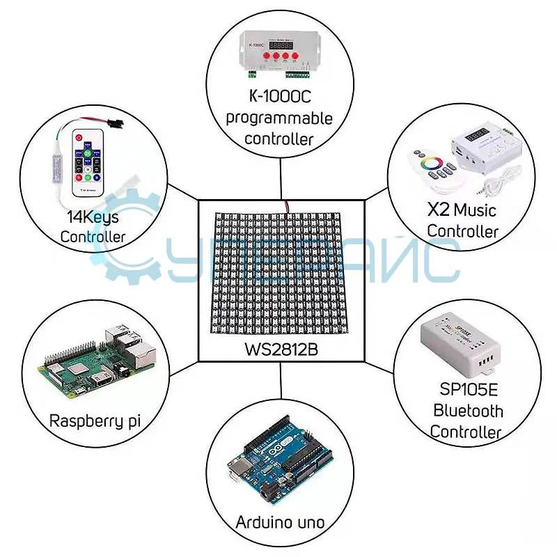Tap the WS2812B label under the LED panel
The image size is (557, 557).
pyautogui.click(x=281, y=349)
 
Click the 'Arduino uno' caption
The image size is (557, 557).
pyautogui.click(x=280, y=522)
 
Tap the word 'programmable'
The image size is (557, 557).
pyautogui.click(x=279, y=118)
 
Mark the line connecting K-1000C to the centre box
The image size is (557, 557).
pyautogui.click(x=281, y=178)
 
